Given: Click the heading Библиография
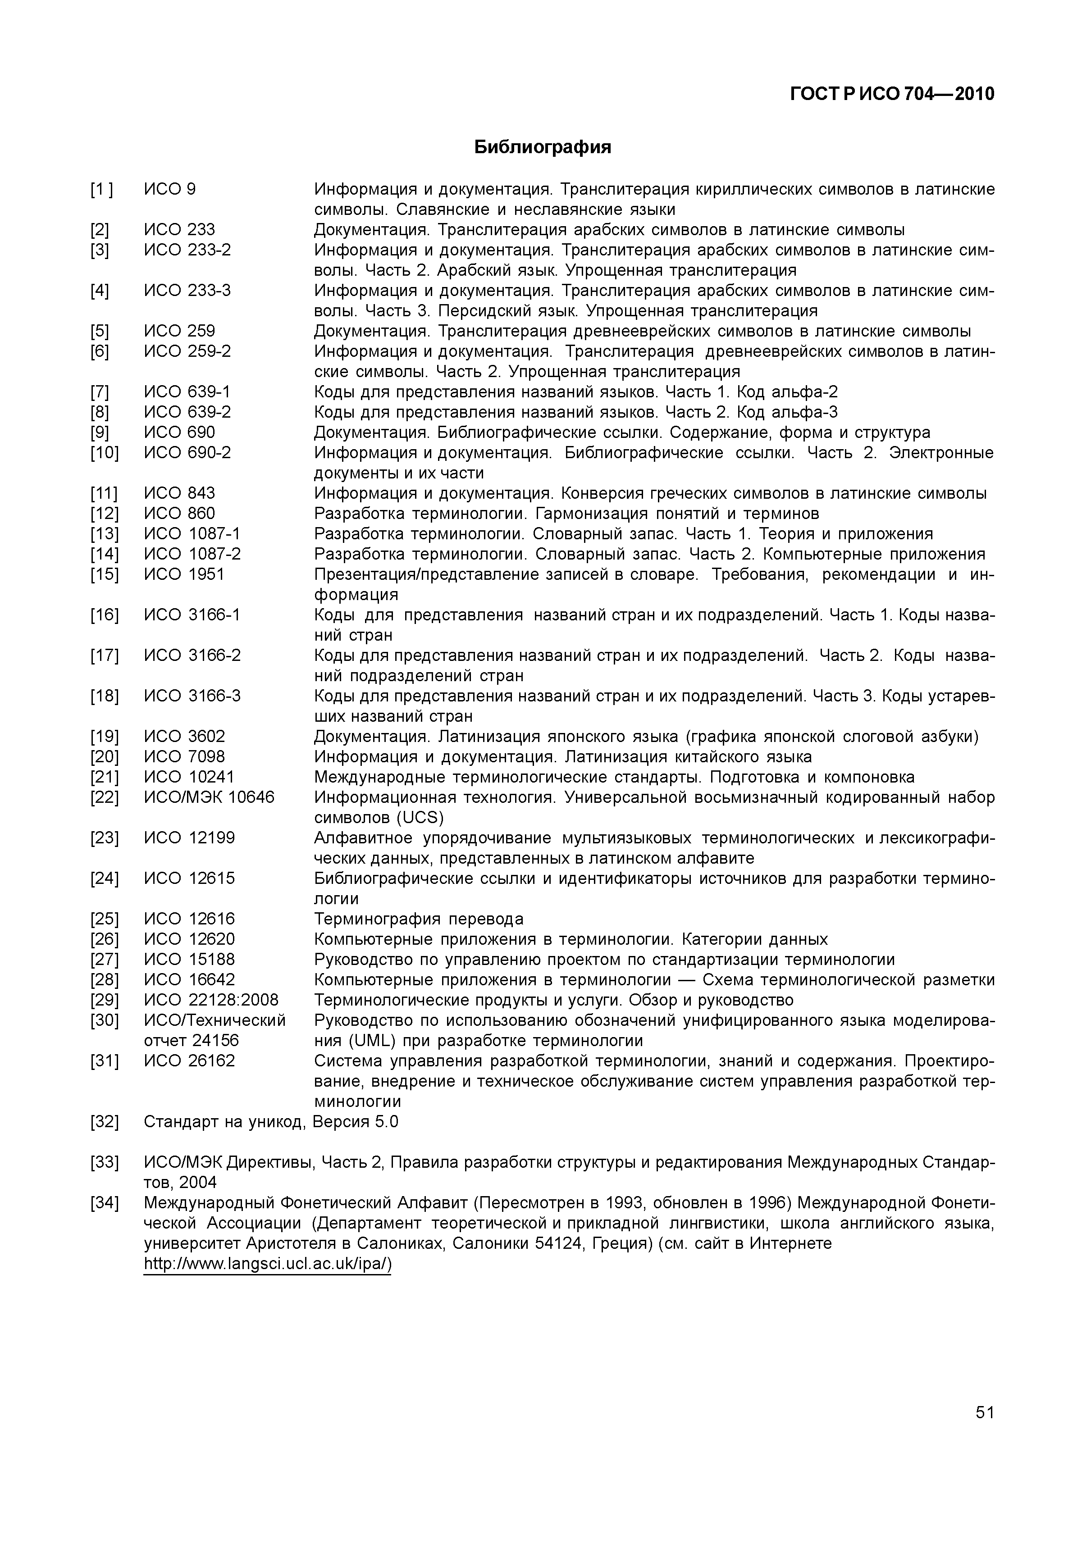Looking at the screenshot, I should tap(543, 147).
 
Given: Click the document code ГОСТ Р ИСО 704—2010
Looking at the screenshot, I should tap(891, 94).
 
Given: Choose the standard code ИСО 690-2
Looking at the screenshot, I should tap(187, 452).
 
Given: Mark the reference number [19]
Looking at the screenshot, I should tap(104, 737).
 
